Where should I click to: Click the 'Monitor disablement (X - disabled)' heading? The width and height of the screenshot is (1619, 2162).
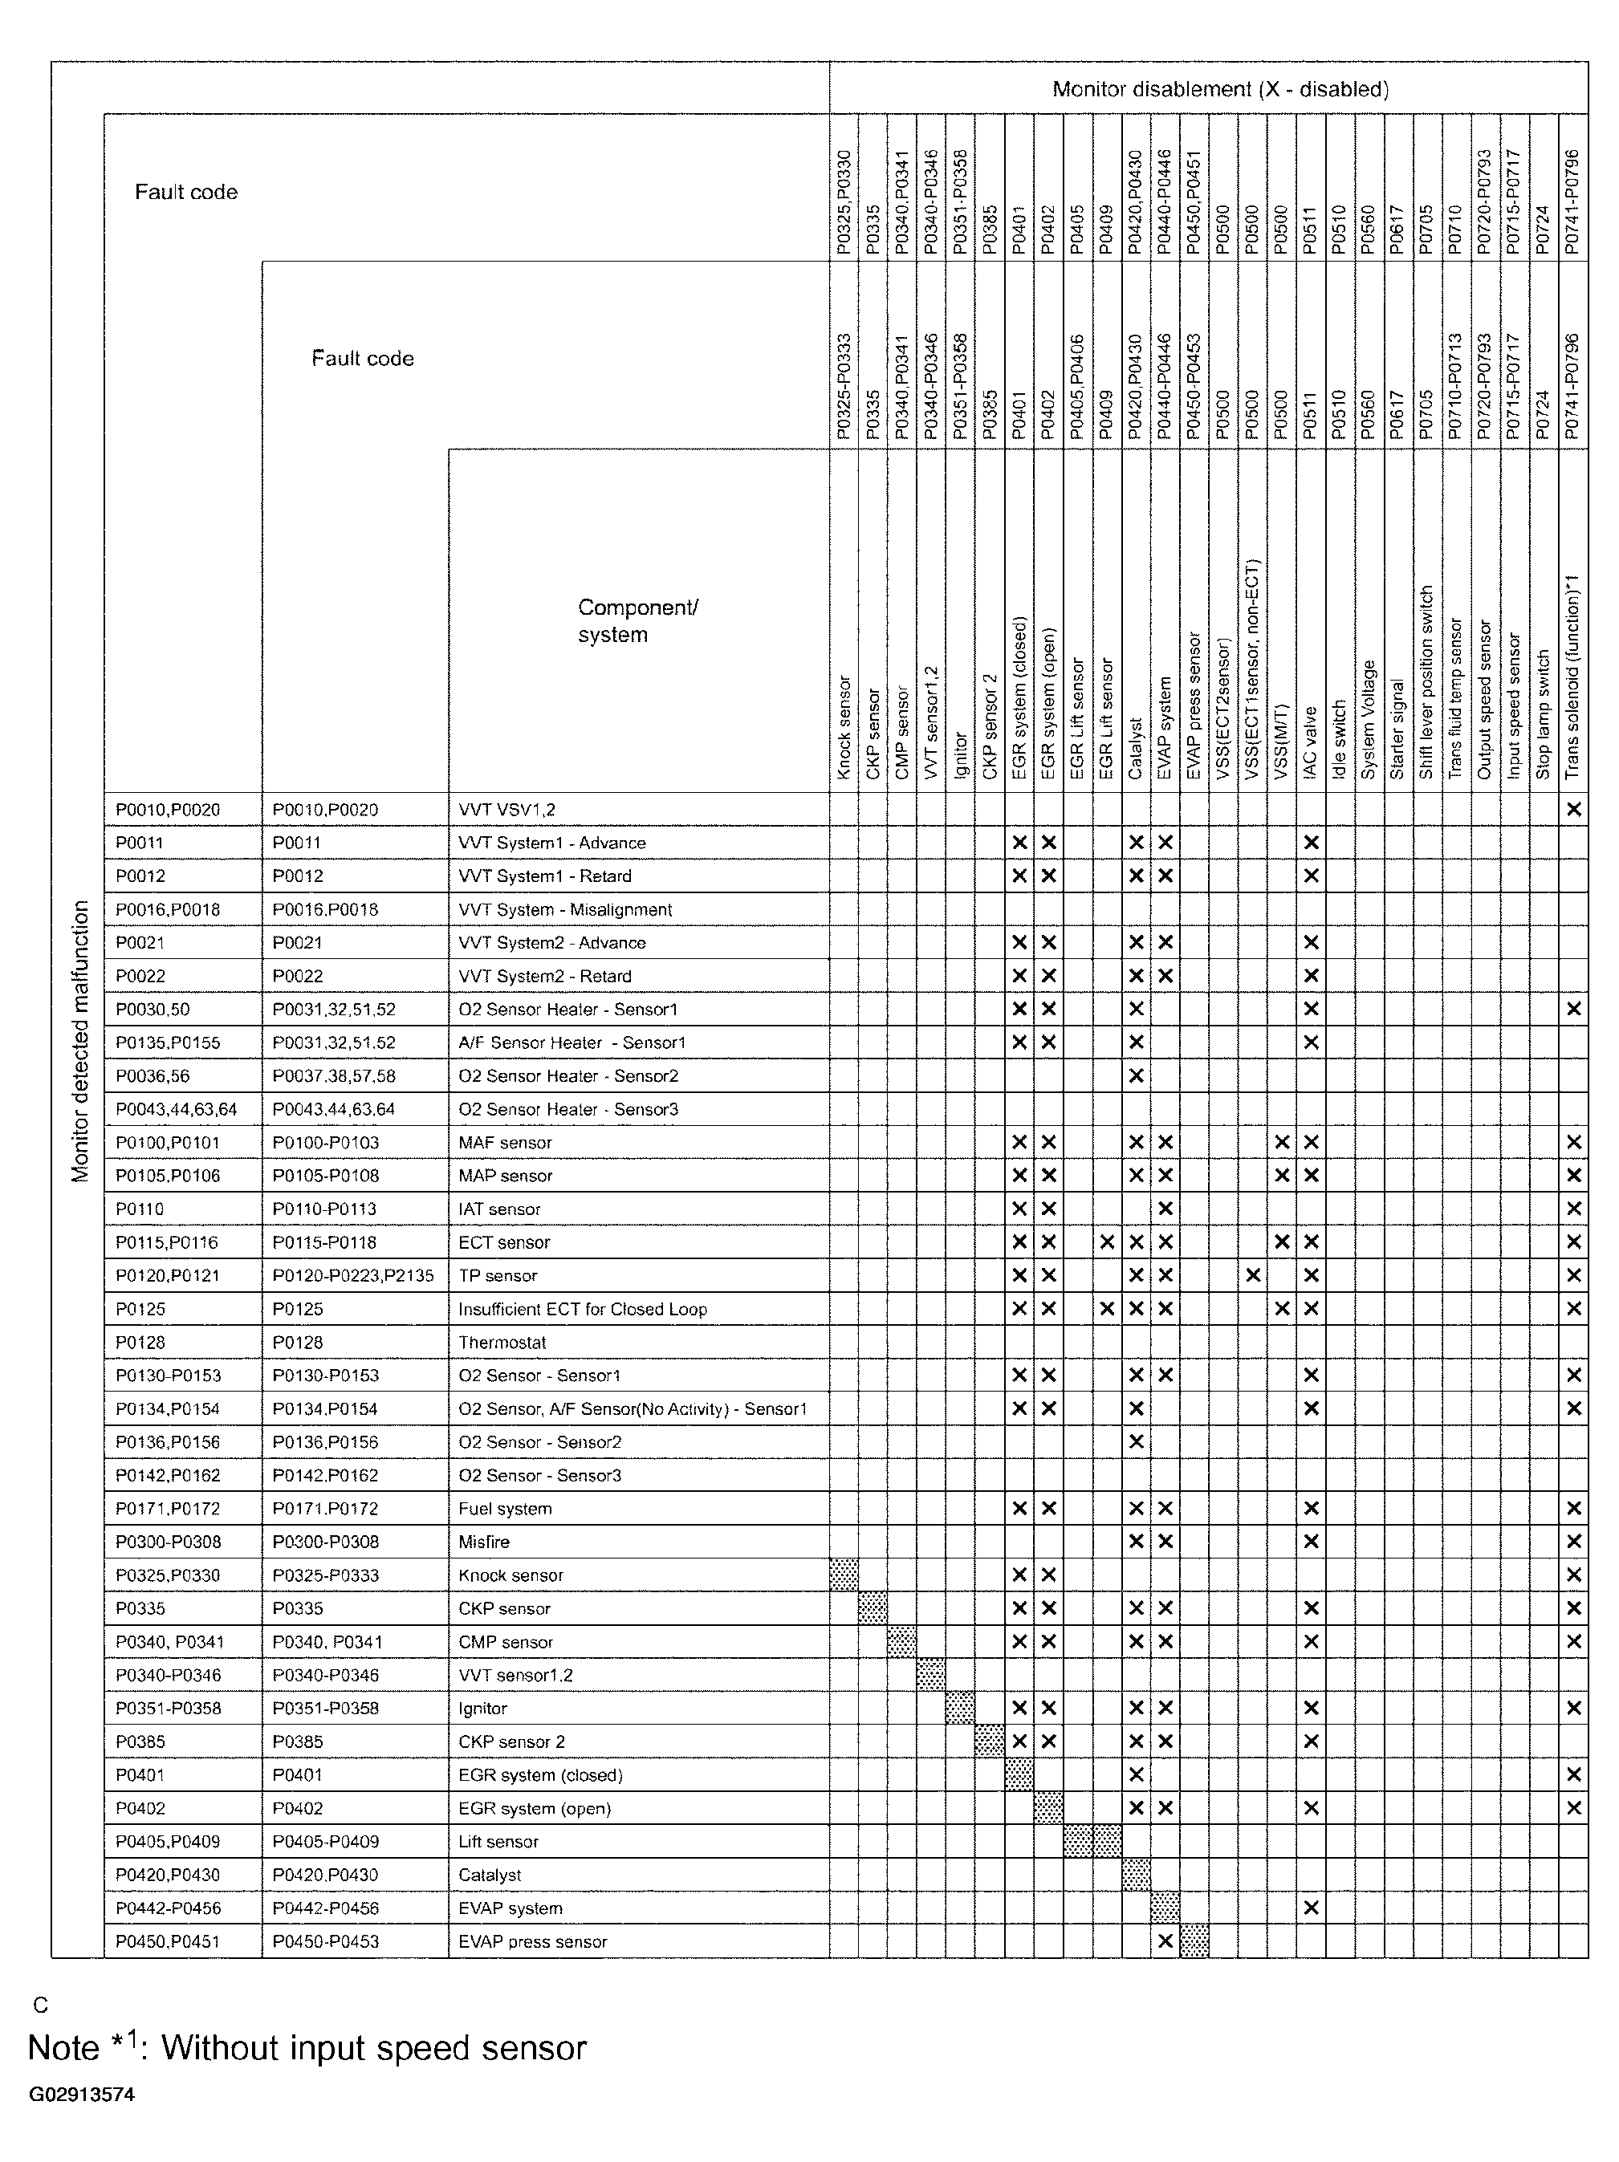coord(1219,90)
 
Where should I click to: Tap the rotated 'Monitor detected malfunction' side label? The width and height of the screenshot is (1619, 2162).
coord(80,1041)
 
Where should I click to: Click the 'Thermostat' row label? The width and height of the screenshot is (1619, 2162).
coord(502,1342)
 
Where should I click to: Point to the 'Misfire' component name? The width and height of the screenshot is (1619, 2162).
coord(484,1542)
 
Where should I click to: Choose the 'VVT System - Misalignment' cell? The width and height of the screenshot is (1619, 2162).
coord(564,909)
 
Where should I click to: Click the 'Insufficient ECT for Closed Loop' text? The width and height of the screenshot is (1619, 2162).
coord(582,1309)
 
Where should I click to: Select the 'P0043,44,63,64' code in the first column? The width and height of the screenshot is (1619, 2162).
coord(175,1109)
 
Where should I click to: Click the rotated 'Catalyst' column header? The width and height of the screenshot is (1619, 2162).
coord(1135,749)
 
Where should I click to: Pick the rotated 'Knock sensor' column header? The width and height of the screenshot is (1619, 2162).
coord(844,727)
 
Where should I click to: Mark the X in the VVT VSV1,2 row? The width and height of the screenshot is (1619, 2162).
coord(1573,809)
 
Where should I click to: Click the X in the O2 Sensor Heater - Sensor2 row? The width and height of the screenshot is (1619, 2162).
coord(1135,1075)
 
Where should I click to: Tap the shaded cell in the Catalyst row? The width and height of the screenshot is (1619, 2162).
coord(1135,1874)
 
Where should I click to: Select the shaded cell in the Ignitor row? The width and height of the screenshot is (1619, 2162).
coord(960,1708)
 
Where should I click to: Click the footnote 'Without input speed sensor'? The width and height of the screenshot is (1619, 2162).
coord(373,2048)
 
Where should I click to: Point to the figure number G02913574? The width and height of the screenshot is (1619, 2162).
coord(81,2095)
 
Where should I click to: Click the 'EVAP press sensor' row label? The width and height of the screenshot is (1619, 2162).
coord(532,1941)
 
